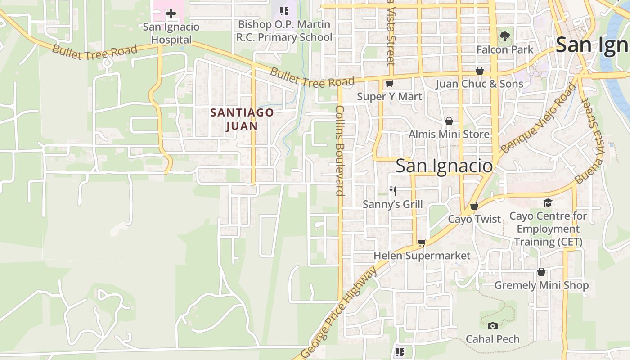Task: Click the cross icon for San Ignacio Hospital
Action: click(171, 13)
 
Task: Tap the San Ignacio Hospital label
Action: click(171, 33)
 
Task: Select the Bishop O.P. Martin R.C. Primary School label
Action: click(284, 31)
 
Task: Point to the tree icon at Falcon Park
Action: click(505, 36)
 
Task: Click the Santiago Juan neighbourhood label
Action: click(242, 119)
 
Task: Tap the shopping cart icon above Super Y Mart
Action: click(389, 83)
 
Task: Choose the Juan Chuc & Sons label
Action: click(479, 84)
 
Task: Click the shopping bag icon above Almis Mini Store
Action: click(449, 121)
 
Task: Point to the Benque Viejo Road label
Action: click(538, 119)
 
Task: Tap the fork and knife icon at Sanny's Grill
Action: click(393, 191)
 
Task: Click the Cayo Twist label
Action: click(474, 219)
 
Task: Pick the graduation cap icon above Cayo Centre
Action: click(548, 203)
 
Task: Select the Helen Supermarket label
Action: click(422, 256)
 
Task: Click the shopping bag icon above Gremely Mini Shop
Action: click(541, 272)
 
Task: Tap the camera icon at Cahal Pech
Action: click(493, 326)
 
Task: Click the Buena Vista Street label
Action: click(594, 141)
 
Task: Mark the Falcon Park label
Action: click(505, 49)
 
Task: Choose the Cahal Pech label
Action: click(493, 339)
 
